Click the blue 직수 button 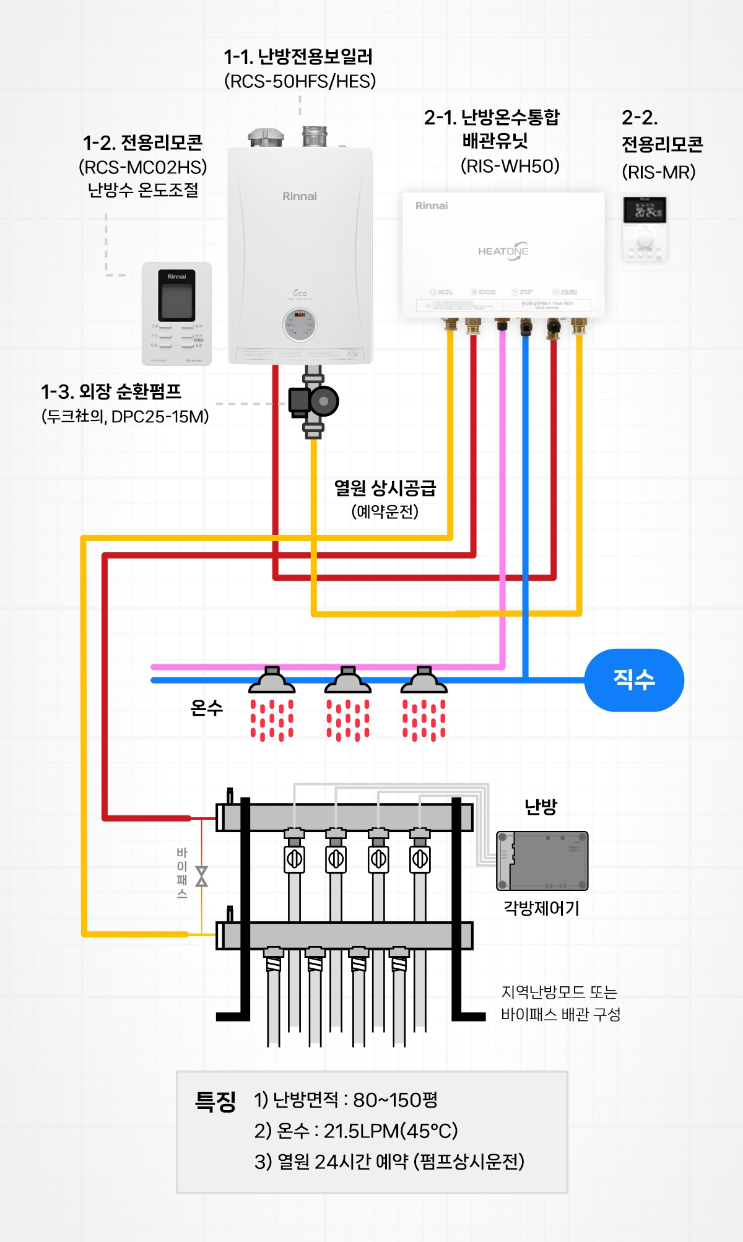tap(634, 680)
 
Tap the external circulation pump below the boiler tap(314, 401)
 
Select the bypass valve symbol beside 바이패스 tap(201, 876)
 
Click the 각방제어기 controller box tap(542, 861)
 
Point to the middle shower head tap(348, 681)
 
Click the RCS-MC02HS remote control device tap(176, 313)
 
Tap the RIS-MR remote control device tap(645, 228)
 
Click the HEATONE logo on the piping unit tap(503, 251)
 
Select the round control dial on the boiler tap(300, 324)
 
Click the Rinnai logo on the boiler tap(300, 196)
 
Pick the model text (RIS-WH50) tap(510, 166)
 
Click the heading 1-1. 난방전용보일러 tap(298, 57)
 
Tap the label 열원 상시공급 tap(385, 488)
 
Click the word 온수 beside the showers tap(206, 708)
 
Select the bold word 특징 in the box tap(215, 1101)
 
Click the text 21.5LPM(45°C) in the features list tap(391, 1131)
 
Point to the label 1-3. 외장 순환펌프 tap(111, 391)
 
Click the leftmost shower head tap(272, 681)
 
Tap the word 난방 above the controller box tap(541, 807)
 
